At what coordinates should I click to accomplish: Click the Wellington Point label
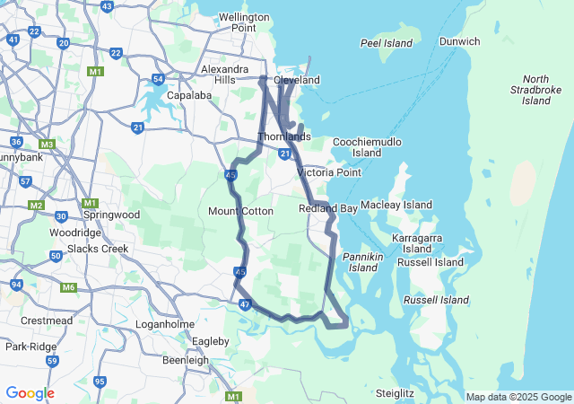click(243, 22)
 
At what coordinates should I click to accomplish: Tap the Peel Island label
click(386, 43)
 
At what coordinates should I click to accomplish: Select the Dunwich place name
click(459, 41)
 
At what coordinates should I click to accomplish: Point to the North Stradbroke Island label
click(535, 90)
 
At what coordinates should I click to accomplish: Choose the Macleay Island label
click(396, 206)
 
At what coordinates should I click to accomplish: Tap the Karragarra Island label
click(416, 242)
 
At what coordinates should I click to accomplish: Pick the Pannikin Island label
click(363, 261)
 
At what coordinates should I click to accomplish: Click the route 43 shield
click(107, 6)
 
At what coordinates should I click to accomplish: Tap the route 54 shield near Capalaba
click(158, 79)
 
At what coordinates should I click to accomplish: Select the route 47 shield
click(244, 305)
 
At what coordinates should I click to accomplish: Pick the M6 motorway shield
click(69, 287)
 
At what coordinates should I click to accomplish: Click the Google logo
click(30, 393)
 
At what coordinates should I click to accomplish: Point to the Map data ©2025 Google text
click(517, 397)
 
